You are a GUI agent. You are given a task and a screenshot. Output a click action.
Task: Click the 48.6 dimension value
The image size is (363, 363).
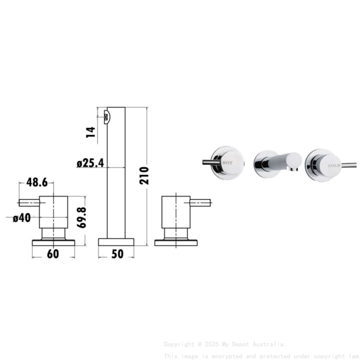point(37,182)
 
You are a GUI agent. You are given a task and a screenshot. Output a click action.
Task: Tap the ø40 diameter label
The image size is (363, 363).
point(22,218)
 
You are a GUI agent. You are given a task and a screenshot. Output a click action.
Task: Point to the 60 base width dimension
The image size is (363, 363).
point(53,254)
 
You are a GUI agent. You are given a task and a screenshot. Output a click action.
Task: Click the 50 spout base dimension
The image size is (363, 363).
point(117,254)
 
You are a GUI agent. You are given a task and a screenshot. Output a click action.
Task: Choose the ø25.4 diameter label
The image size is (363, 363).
point(90,163)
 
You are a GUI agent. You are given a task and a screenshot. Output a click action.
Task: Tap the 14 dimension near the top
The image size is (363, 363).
point(91,131)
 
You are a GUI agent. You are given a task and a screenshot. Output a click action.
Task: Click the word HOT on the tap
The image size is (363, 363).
point(228,163)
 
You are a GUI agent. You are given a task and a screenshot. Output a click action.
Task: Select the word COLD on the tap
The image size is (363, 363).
point(334,165)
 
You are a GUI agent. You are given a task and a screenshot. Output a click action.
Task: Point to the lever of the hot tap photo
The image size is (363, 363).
point(210,162)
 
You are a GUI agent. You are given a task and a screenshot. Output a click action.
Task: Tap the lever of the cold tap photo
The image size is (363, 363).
point(350,164)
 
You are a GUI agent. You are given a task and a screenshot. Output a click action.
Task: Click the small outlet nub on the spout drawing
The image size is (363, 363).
point(107,116)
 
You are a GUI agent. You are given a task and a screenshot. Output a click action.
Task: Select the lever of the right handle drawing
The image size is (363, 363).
point(201,202)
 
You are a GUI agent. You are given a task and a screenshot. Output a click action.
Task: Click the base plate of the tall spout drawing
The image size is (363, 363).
point(116,242)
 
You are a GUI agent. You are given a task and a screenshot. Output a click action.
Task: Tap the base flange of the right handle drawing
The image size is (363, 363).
point(176,243)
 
